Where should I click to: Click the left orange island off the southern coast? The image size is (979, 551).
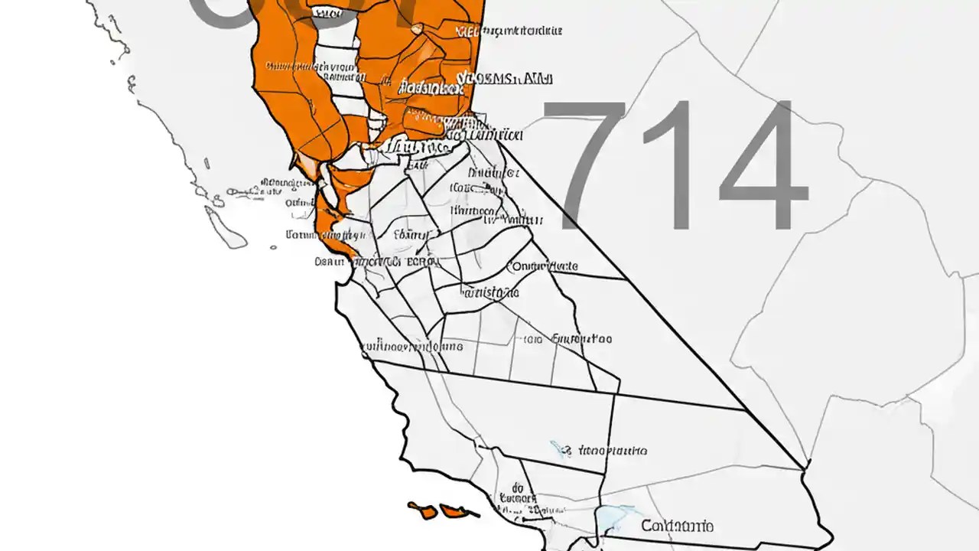click(421, 510)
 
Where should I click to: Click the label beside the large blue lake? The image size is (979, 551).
click(678, 526)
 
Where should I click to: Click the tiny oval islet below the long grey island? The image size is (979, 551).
click(273, 246)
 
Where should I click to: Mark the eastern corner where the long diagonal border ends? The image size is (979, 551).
click(805, 466)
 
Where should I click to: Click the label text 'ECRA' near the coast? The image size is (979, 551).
click(421, 261)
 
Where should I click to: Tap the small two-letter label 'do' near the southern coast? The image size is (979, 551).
click(517, 486)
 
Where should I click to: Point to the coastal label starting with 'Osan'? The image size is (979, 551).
click(330, 262)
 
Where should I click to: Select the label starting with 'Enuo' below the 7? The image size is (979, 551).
click(581, 338)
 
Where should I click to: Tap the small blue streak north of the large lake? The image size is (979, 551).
click(561, 448)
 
